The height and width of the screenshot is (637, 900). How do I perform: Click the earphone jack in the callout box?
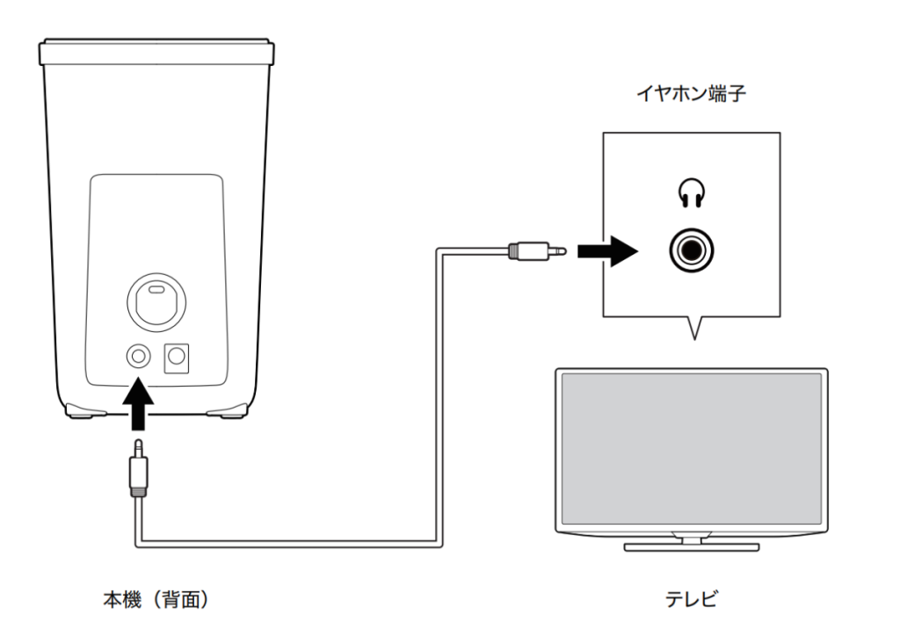point(690,252)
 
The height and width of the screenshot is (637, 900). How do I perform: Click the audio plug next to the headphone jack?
point(536,252)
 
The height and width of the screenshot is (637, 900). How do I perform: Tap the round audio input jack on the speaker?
point(139,355)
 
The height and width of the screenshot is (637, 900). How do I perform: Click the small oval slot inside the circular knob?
point(156,289)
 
